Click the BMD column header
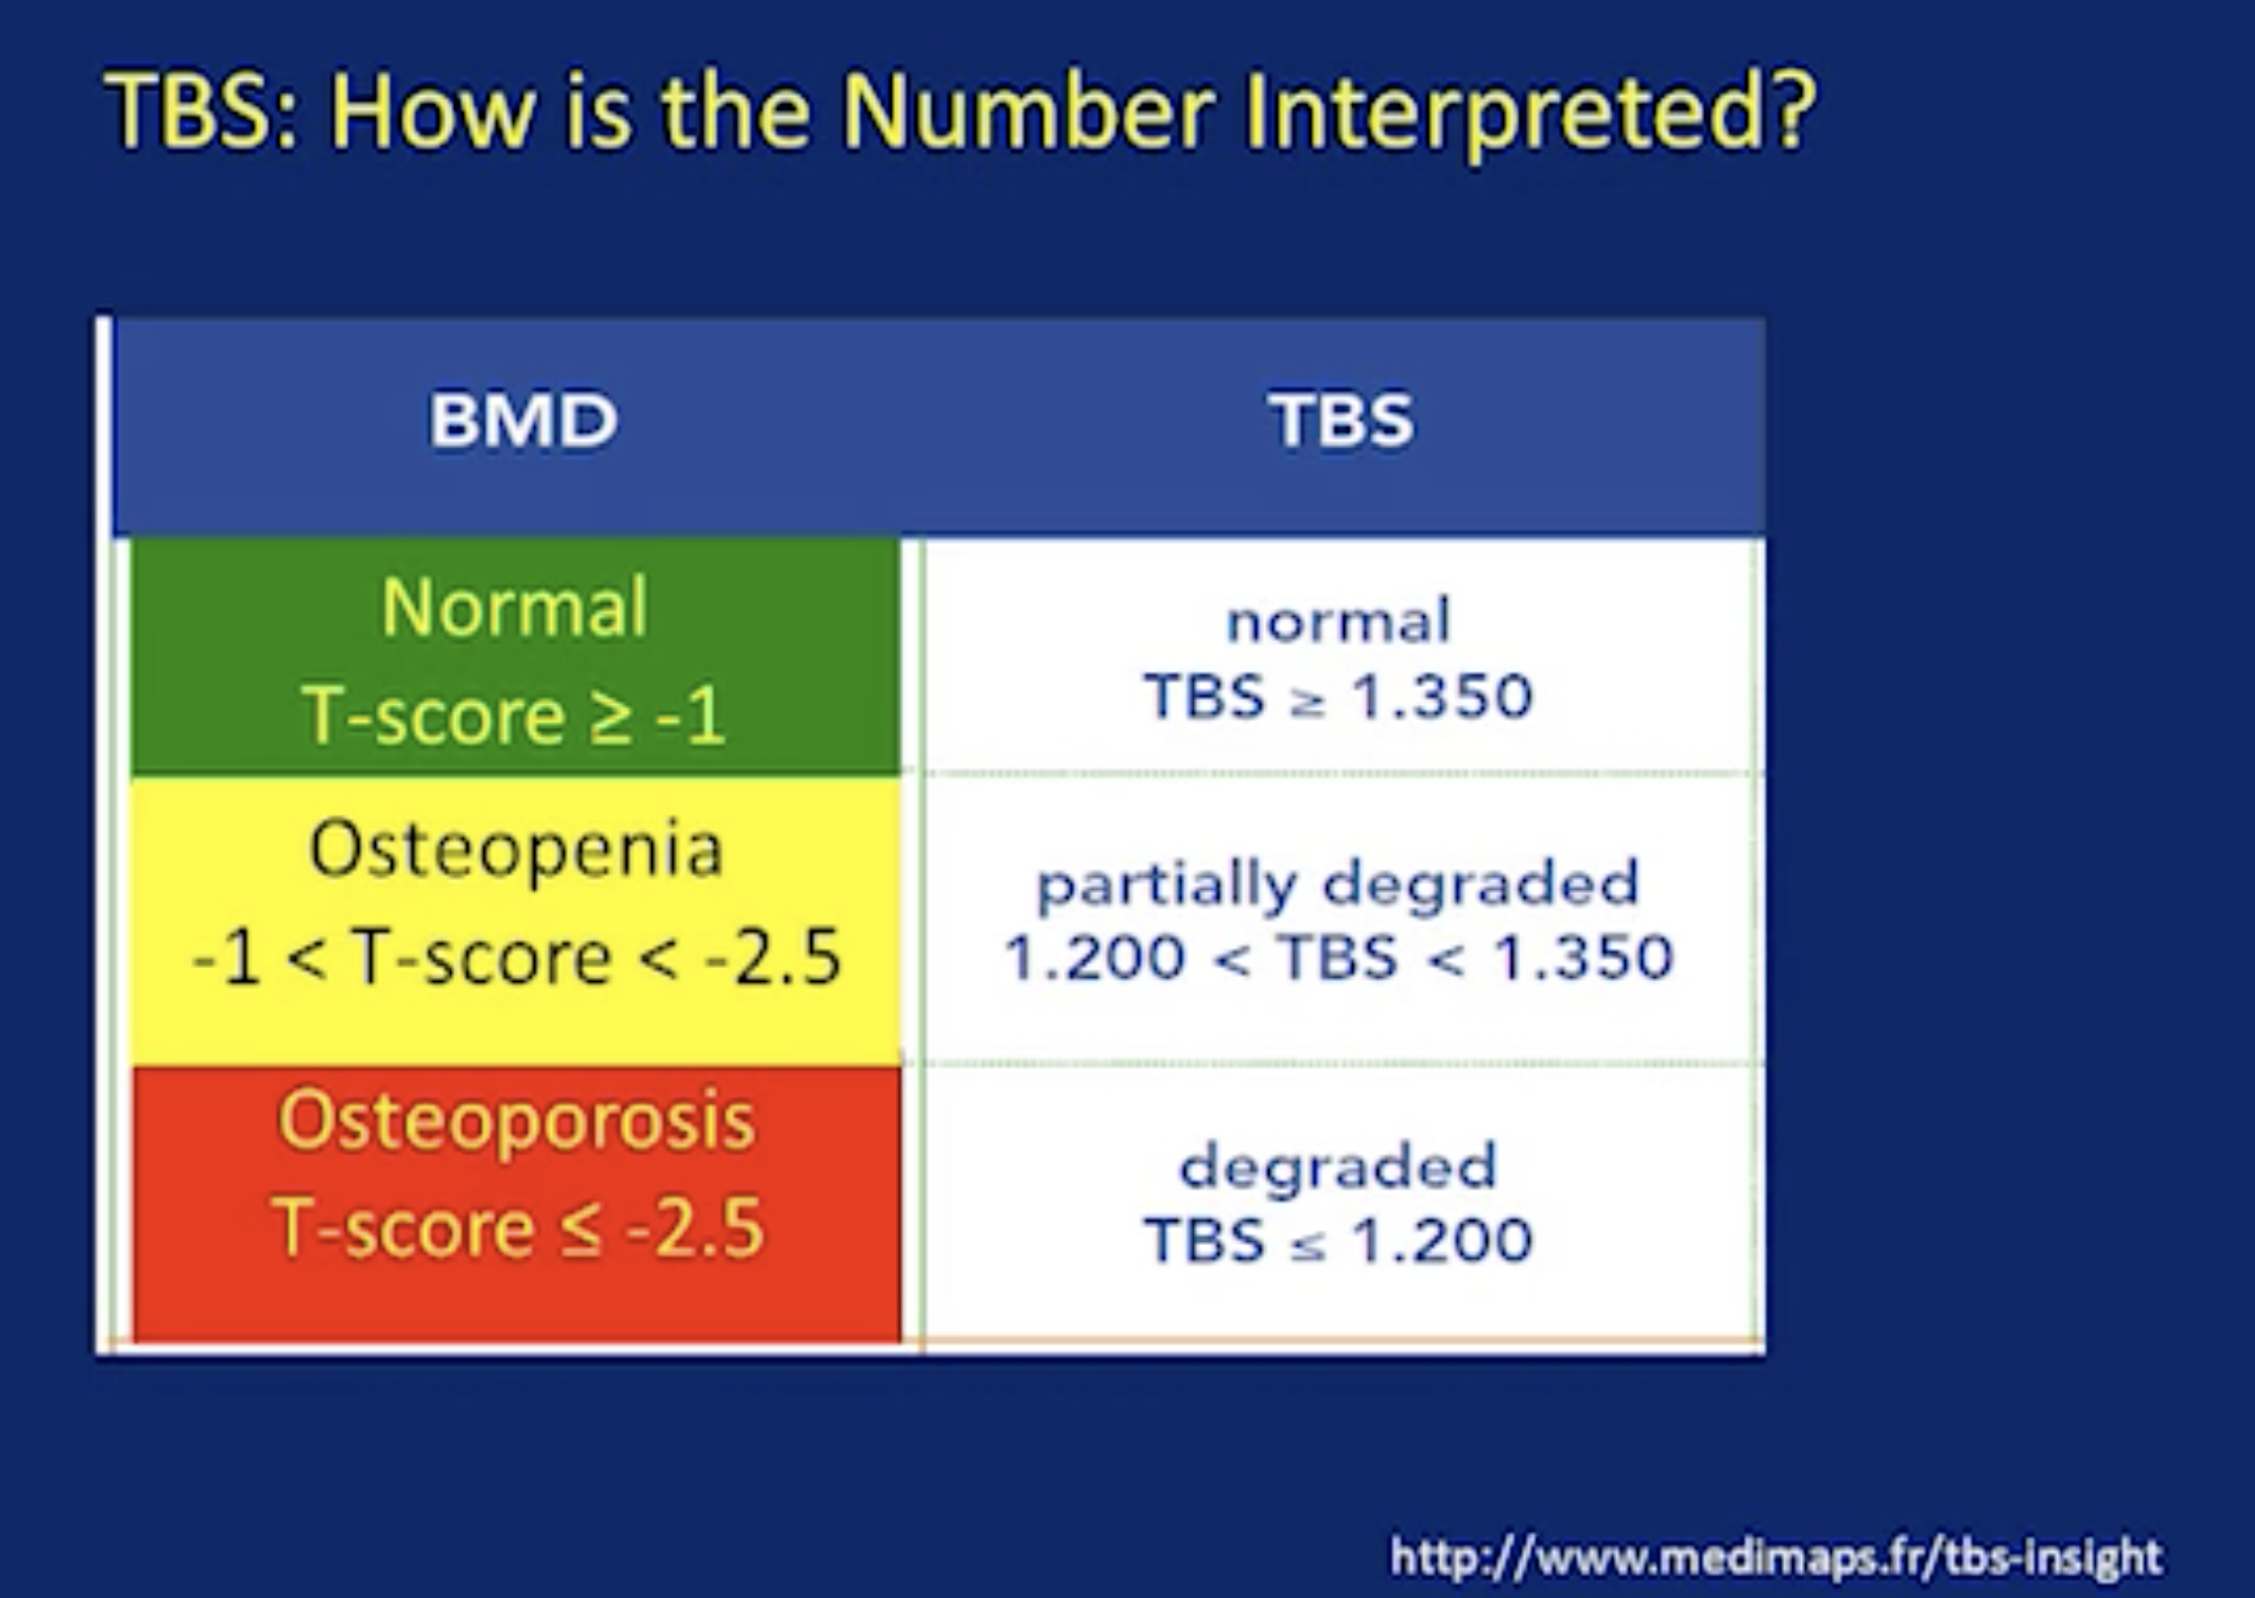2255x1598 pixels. pyautogui.click(x=523, y=419)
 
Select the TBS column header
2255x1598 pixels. pyautogui.click(x=1341, y=419)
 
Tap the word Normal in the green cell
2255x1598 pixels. pyautogui.click(x=514, y=606)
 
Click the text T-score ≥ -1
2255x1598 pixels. pyautogui.click(x=514, y=714)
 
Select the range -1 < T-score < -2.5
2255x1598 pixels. pyautogui.click(x=516, y=957)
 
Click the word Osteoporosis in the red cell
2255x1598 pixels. pyautogui.click(x=516, y=1123)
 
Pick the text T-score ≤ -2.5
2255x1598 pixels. pyautogui.click(x=517, y=1227)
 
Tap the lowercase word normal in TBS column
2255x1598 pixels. pyautogui.click(x=1338, y=621)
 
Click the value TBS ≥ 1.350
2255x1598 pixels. pyautogui.click(x=1338, y=695)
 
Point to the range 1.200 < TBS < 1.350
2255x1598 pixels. pyautogui.click(x=1338, y=957)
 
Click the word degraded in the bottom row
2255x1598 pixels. pyautogui.click(x=1338, y=1167)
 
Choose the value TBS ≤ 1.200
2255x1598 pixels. pyautogui.click(x=1338, y=1240)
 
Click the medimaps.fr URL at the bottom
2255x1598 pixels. pyautogui.click(x=1775, y=1556)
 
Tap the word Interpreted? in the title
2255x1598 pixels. pyautogui.click(x=1528, y=111)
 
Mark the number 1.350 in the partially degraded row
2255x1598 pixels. pyautogui.click(x=1583, y=957)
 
